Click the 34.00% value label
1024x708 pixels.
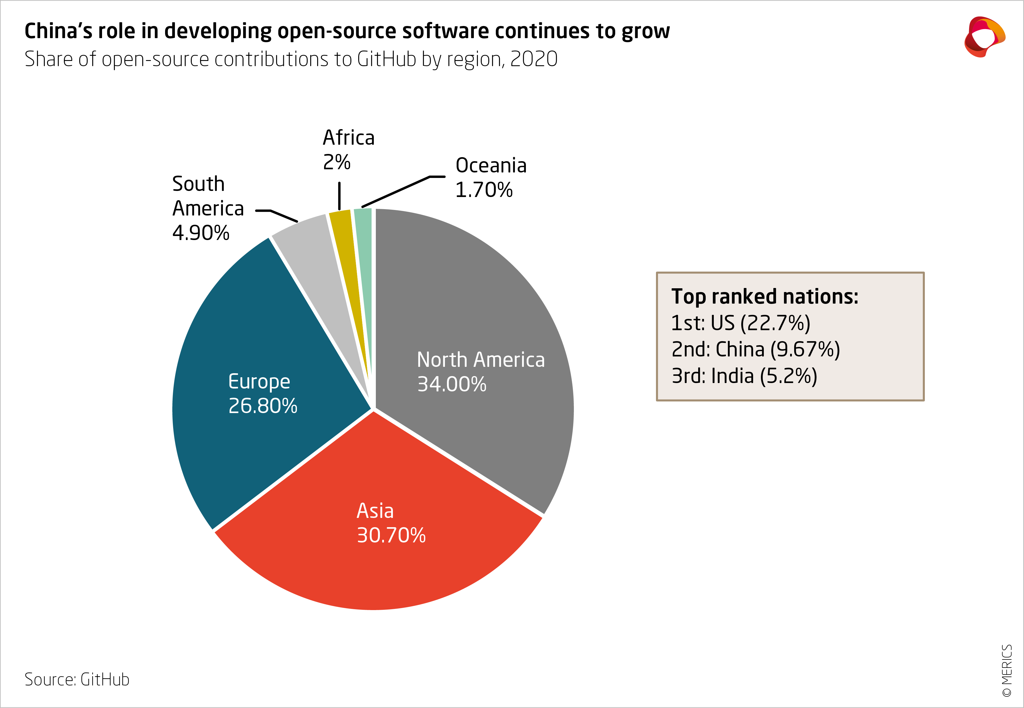[x=451, y=384]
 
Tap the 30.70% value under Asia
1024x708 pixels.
[x=391, y=536]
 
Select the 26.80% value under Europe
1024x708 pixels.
[x=263, y=406]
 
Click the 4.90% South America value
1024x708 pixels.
[x=201, y=233]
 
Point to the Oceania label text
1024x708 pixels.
[x=491, y=166]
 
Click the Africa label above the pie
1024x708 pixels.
[x=348, y=138]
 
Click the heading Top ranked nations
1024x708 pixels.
[x=764, y=296]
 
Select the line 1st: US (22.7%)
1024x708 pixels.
[x=740, y=323]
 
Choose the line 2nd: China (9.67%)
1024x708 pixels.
[x=755, y=350]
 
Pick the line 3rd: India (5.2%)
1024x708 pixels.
[x=744, y=376]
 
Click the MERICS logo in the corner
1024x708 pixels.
[x=984, y=37]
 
